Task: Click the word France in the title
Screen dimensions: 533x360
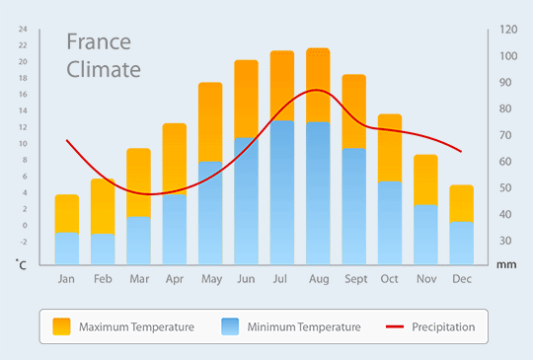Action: (99, 41)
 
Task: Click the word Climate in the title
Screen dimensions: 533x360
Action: (104, 69)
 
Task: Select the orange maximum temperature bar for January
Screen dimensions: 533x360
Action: (67, 214)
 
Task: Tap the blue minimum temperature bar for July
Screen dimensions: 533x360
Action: (282, 192)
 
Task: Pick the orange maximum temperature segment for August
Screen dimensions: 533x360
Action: (318, 85)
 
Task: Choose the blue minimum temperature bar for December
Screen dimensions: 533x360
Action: (462, 244)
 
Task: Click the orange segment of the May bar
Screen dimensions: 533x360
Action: (210, 122)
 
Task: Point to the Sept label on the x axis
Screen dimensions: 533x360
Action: (356, 279)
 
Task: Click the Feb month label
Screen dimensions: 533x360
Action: (103, 279)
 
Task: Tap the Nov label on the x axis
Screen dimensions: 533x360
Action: (426, 279)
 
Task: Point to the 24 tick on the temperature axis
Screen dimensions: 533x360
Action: (23, 30)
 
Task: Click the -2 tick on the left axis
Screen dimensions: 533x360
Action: (23, 242)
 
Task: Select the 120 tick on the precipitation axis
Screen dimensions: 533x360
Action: (508, 30)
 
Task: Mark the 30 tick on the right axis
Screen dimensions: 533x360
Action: (505, 241)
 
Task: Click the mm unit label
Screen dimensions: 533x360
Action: (506, 264)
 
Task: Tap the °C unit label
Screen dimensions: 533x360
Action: (21, 264)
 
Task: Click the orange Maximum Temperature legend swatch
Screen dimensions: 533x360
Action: (61, 326)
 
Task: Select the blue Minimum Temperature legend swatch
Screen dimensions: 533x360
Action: (230, 326)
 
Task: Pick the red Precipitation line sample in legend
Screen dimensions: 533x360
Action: (395, 326)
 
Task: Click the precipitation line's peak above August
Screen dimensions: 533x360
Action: (317, 90)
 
